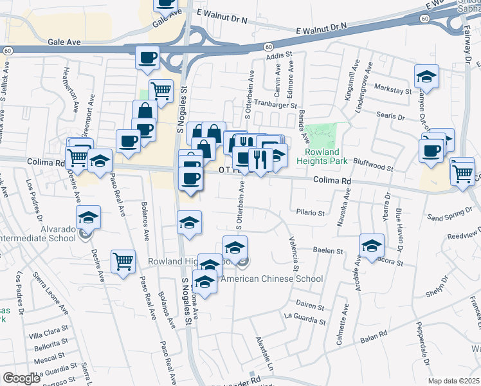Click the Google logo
21,379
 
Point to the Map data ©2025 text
454,381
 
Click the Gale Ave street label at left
64,41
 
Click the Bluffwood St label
373,167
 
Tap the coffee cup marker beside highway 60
148,59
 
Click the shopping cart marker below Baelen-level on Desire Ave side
123,261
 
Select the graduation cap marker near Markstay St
426,77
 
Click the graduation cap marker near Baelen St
372,246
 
